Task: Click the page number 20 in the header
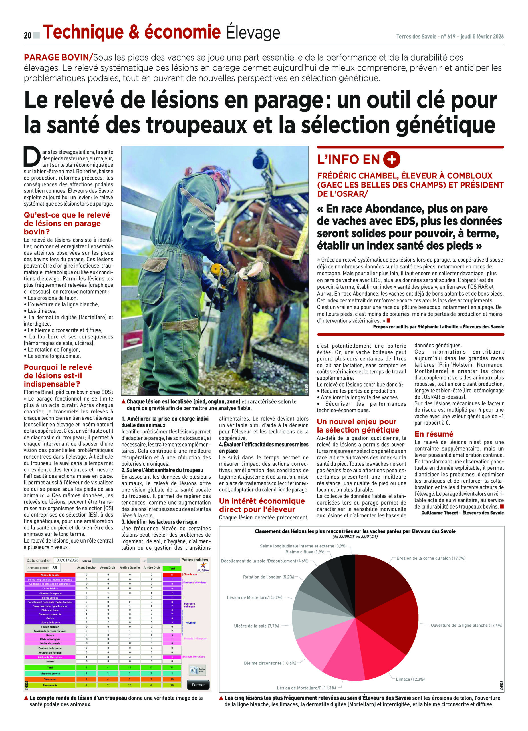[x=27, y=35]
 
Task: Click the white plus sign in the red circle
[x=392, y=160]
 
